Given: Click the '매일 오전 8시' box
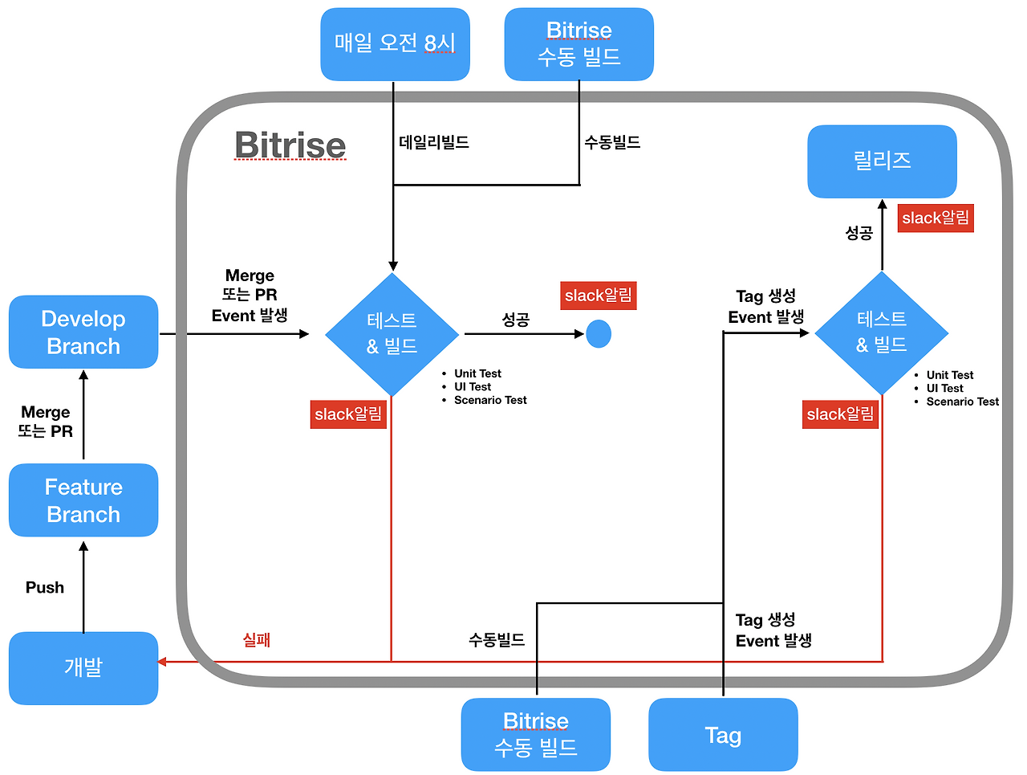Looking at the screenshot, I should [x=395, y=44].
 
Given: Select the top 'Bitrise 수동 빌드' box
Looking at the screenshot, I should [x=578, y=44].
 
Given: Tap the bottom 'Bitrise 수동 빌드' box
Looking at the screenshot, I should [x=535, y=734].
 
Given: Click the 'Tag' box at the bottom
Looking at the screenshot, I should [x=723, y=734].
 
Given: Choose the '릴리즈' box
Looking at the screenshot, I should [x=882, y=161].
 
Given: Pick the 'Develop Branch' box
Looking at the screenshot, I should [x=83, y=332].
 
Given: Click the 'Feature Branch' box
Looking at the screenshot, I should [x=83, y=500].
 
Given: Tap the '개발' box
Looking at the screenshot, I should [x=83, y=667].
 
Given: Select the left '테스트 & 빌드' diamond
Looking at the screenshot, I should [x=392, y=334].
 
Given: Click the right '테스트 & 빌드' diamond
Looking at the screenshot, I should [x=882, y=332].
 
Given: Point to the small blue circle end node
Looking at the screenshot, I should [x=599, y=334].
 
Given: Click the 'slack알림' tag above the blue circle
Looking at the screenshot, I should [x=599, y=296].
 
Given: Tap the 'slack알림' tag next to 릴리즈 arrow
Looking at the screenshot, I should [x=936, y=218].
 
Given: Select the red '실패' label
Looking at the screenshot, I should [x=257, y=640].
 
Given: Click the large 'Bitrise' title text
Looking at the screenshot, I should [x=290, y=145].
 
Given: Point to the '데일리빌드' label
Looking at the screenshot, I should [x=434, y=142].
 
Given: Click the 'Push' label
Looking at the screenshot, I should [x=45, y=587].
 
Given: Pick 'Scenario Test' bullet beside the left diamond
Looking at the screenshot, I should [x=490, y=400].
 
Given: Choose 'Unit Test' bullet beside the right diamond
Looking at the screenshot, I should [x=950, y=375].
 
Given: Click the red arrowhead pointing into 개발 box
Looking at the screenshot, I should [x=162, y=662].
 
